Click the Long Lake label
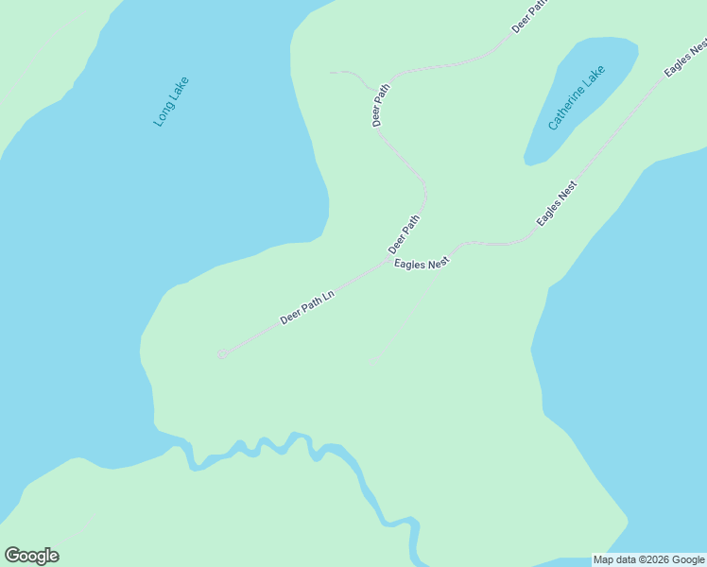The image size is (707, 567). pyautogui.click(x=171, y=102)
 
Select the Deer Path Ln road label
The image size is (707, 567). pyautogui.click(x=307, y=307)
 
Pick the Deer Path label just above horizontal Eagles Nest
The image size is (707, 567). pyautogui.click(x=404, y=233)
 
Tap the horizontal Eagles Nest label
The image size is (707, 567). pyautogui.click(x=422, y=265)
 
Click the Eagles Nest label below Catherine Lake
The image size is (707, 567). pyautogui.click(x=557, y=203)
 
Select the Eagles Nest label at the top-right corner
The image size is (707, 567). pyautogui.click(x=686, y=59)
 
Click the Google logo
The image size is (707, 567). pyautogui.click(x=31, y=556)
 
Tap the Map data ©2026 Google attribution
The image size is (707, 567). pyautogui.click(x=648, y=559)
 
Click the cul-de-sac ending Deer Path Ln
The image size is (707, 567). pyautogui.click(x=221, y=354)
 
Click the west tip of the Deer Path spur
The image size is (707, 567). pyautogui.click(x=331, y=72)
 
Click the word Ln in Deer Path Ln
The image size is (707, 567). pyautogui.click(x=328, y=296)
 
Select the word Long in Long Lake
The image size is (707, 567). pyautogui.click(x=163, y=115)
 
